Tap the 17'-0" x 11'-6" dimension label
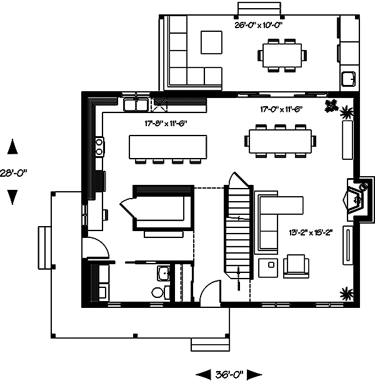click(x=281, y=109)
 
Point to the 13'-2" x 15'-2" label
click(x=310, y=233)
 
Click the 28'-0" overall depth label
click(x=14, y=172)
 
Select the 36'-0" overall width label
click(x=229, y=374)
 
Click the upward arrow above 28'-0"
click(x=12, y=148)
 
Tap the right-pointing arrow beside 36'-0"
click(x=254, y=374)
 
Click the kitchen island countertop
click(x=167, y=147)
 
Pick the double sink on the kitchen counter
click(x=135, y=104)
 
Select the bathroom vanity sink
click(x=163, y=273)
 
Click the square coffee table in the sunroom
click(x=211, y=42)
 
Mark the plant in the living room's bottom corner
click(x=344, y=292)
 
